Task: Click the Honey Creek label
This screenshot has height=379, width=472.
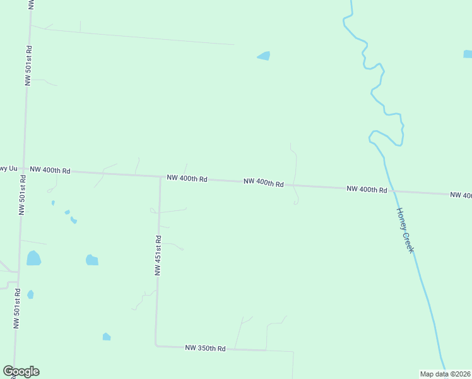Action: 405,231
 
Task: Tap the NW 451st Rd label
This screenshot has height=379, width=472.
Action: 158,256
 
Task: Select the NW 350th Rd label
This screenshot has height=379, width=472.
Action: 205,348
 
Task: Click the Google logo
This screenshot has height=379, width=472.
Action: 21,371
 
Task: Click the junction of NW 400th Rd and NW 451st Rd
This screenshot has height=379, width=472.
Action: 160,177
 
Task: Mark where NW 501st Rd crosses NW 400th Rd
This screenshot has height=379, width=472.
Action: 24,169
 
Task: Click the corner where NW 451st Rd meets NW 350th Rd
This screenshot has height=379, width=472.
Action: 156,346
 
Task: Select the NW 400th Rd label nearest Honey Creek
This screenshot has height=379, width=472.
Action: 366,189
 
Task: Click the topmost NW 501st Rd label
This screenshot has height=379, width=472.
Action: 28,65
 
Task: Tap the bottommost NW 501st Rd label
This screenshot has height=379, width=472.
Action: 17,308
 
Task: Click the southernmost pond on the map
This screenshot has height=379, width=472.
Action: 107,337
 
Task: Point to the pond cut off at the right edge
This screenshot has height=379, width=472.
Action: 468,54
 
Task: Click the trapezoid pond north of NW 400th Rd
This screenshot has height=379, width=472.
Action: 264,56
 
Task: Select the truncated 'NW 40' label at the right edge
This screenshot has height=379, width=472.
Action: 461,195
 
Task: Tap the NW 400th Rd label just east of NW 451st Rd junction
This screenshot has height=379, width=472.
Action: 187,179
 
